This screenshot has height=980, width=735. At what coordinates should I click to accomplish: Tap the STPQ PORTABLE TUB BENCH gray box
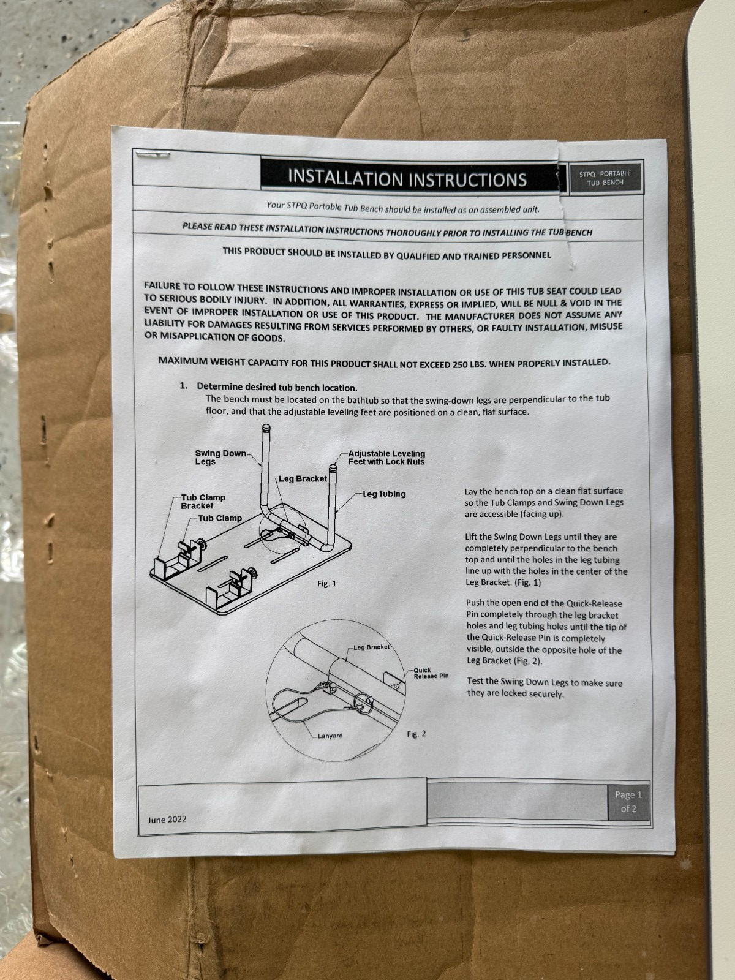pos(605,178)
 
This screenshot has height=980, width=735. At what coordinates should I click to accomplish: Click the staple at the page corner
pos(153,155)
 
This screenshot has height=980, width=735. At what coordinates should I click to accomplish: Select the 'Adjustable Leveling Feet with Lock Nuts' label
pos(386,458)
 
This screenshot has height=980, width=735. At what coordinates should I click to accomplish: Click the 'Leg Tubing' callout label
pos(384,494)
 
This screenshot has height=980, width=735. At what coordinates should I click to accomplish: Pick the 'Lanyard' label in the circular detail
pos(330,736)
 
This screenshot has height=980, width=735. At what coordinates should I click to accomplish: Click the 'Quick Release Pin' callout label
pos(431,673)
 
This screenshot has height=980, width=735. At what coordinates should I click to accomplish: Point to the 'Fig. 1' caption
pos(326,584)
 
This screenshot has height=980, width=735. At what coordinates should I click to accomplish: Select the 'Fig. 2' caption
pos(417,734)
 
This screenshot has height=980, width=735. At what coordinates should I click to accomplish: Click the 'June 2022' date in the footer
pos(167,820)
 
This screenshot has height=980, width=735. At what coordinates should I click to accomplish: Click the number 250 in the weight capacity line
pos(459,364)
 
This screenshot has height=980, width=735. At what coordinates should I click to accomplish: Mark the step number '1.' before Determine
pos(183,386)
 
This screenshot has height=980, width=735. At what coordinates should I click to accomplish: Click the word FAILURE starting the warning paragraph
pos(162,286)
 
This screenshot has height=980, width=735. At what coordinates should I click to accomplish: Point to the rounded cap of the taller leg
pos(266,428)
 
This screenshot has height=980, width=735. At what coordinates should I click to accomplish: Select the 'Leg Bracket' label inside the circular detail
pos(371,647)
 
